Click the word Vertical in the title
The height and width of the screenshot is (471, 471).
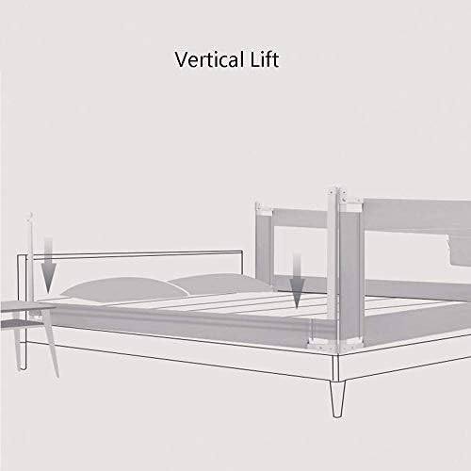(x=209, y=59)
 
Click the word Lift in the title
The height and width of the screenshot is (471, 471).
(x=265, y=59)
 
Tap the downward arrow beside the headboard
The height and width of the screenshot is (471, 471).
(x=48, y=265)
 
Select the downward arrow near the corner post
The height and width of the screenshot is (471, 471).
(x=297, y=281)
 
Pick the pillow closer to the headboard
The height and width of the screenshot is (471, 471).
(x=125, y=288)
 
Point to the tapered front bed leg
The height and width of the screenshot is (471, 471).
(x=337, y=398)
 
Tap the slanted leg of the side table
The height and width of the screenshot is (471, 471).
(x=51, y=343)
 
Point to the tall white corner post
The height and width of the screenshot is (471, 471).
(x=333, y=267)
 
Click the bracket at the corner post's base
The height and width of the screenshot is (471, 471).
(x=333, y=345)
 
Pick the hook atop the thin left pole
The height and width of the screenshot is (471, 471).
(x=30, y=217)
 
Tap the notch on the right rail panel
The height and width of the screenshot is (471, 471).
(x=459, y=252)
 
